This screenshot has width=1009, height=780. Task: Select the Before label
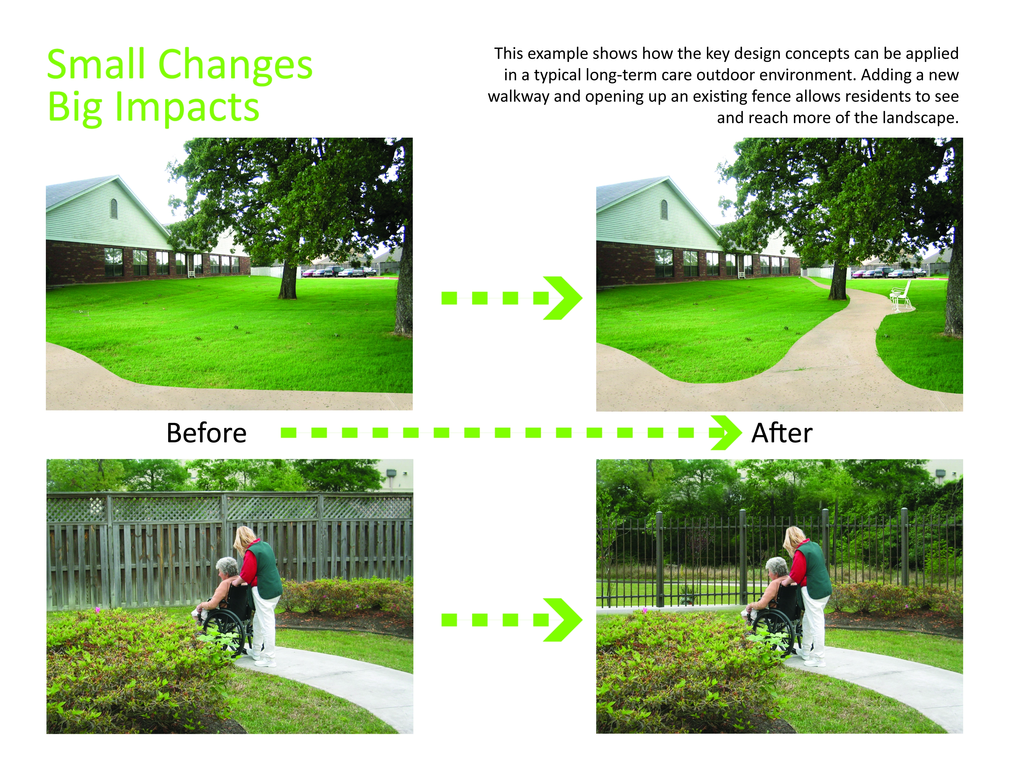pos(206,433)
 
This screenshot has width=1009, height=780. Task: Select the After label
pos(782,433)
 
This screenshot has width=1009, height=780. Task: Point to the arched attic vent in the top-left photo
pos(114,208)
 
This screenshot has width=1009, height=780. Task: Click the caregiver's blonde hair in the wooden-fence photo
pos(245,540)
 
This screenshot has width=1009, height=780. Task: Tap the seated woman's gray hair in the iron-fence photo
pos(777,566)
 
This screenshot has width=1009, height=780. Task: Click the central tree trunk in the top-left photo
pos(287,280)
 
